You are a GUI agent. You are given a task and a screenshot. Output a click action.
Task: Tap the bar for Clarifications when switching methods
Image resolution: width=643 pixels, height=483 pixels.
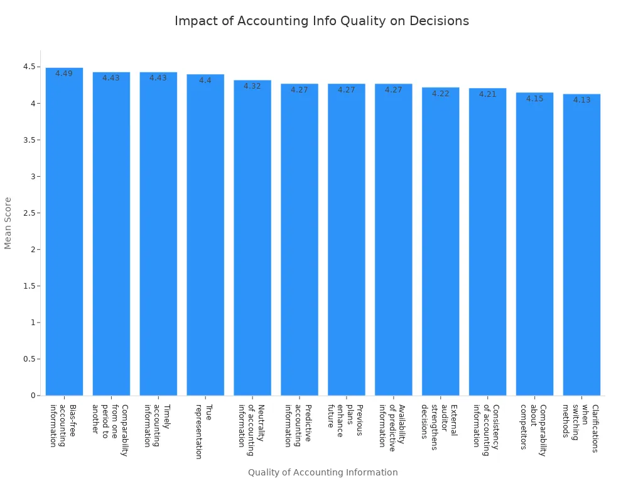pyautogui.click(x=581, y=245)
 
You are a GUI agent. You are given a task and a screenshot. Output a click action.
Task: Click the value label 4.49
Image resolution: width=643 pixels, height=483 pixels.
pyautogui.click(x=64, y=74)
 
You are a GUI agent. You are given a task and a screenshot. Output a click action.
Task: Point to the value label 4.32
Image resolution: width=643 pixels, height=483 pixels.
pyautogui.click(x=252, y=86)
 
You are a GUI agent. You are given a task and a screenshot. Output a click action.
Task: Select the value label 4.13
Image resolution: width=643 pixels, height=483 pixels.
pyautogui.click(x=581, y=100)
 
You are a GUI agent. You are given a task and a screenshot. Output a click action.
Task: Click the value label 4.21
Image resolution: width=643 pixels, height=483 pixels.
pyautogui.click(x=488, y=94)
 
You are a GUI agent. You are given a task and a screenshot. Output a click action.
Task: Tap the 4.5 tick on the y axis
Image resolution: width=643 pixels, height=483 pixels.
pyautogui.click(x=30, y=67)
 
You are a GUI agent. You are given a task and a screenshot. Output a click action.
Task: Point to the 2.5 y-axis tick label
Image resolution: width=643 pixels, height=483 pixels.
pyautogui.click(x=30, y=213)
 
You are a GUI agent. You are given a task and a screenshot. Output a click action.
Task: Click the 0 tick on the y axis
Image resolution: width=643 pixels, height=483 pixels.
pyautogui.click(x=33, y=396)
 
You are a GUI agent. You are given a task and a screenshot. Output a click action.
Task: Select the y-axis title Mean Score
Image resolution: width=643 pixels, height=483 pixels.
pyautogui.click(x=8, y=223)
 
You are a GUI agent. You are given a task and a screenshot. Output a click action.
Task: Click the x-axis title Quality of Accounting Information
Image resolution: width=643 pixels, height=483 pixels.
pyautogui.click(x=323, y=472)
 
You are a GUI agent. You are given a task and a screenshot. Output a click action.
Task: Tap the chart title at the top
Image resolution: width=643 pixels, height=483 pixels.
pyautogui.click(x=321, y=21)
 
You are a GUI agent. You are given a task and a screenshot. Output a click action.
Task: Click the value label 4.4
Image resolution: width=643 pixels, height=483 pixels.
pyautogui.click(x=205, y=80)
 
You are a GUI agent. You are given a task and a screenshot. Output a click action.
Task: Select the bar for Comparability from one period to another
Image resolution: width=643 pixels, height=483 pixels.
pyautogui.click(x=111, y=233)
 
